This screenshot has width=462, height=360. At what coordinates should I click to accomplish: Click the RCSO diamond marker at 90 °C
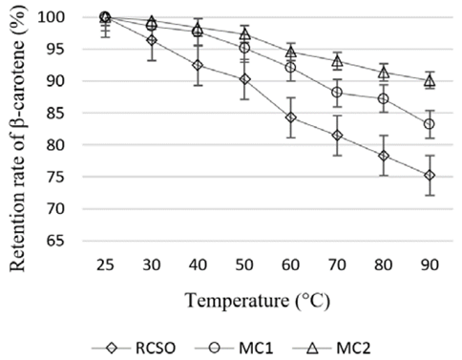pos(430,175)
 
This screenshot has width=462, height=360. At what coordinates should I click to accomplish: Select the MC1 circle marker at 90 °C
pos(430,124)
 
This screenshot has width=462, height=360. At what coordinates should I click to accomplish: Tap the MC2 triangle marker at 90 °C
pos(430,81)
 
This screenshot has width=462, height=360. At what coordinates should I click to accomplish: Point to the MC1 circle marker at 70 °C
pos(337,92)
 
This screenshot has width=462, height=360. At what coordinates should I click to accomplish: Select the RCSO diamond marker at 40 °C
pos(198,65)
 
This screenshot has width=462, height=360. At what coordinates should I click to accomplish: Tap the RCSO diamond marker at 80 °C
pos(383,156)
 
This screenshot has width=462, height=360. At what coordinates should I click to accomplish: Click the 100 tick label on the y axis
pos(67,17)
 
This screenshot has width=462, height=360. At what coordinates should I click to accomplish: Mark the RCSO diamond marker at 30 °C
pos(151,40)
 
